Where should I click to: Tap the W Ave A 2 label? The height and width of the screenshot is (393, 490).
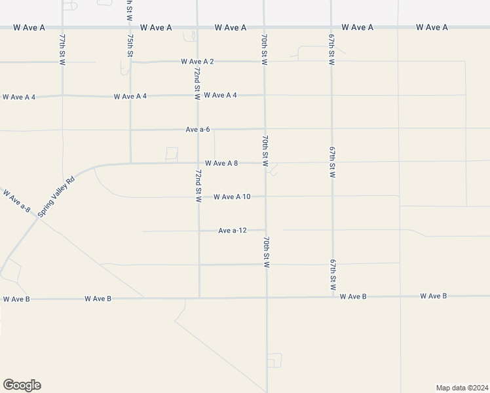coord(198,62)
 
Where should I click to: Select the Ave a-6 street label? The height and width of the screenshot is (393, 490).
coord(197,130)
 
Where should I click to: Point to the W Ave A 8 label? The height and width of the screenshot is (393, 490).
coord(221,163)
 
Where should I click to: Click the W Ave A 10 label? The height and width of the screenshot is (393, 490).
coord(232,197)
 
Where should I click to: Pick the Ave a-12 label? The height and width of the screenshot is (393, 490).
coord(233,231)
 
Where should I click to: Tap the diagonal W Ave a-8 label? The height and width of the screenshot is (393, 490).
coord(17,201)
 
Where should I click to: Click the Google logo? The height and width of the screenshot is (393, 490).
coord(22,385)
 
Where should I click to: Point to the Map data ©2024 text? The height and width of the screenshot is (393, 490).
coord(461,387)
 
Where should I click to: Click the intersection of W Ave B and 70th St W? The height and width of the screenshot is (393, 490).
coord(267,298)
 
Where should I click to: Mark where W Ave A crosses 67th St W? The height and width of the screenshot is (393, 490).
coord(331,28)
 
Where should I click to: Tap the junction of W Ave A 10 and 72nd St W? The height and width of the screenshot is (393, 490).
coord(199,197)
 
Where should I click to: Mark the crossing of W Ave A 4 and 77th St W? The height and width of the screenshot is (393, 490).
coord(62,96)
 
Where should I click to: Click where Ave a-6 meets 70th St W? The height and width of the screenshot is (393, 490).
coord(265,129)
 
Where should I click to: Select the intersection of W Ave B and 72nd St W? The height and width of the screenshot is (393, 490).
coord(199,298)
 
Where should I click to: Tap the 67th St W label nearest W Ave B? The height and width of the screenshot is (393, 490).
coord(333,275)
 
